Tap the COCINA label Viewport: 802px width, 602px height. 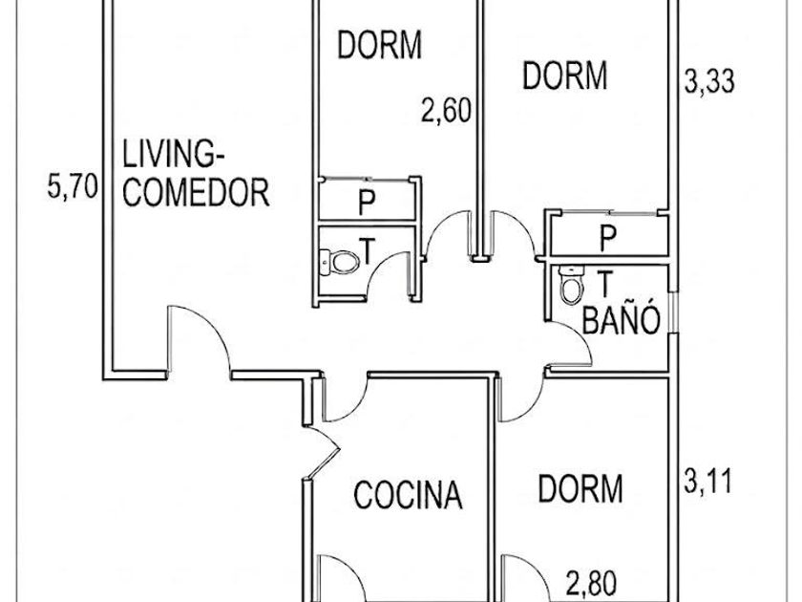[408, 495]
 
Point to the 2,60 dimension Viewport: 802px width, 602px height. [446, 111]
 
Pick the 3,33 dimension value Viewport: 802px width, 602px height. [708, 81]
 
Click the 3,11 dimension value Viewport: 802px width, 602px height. [707, 482]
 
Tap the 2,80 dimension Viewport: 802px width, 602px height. [591, 582]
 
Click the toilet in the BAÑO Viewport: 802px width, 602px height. [571, 285]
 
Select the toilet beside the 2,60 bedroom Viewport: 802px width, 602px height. [339, 261]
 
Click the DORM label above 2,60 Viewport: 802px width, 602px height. [380, 45]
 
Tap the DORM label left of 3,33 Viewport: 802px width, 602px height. [564, 75]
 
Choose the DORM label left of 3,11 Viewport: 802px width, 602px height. [580, 488]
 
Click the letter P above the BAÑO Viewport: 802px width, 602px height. [608, 238]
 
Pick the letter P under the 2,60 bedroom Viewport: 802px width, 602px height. [367, 203]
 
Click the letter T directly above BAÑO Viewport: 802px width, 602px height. [605, 284]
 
